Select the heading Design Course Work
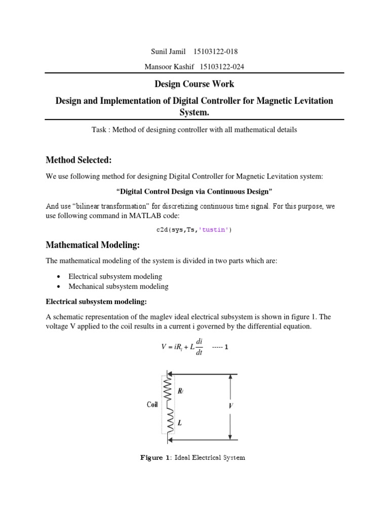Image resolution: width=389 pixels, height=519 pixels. pos(194,84)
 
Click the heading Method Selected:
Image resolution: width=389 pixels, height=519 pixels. pos(79,160)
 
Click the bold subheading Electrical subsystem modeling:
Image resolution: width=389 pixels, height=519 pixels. pos(96,302)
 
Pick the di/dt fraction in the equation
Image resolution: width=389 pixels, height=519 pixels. pos(199,347)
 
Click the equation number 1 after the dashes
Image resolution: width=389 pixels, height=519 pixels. pos(226,348)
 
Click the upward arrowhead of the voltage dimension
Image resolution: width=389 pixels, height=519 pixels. pos(230,377)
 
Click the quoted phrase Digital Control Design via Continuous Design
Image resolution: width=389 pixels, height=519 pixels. pos(194,192)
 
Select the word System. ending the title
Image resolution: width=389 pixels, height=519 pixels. pos(194,111)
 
